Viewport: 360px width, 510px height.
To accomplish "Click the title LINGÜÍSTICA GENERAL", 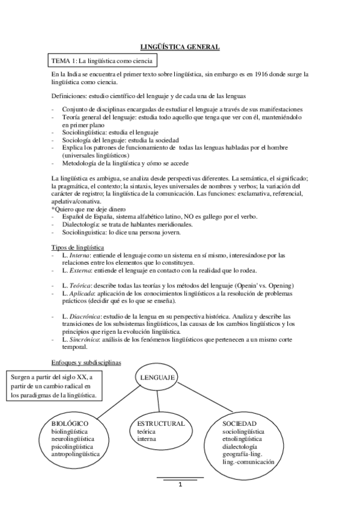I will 180,46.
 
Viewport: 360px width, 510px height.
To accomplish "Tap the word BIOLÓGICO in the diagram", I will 70,423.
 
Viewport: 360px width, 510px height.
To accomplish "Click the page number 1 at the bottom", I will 180,485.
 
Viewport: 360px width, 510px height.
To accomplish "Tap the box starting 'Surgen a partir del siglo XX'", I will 54,386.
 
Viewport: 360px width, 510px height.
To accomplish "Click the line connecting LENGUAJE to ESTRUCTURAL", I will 159,401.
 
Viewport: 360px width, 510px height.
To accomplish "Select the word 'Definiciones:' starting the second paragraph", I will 70,96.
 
